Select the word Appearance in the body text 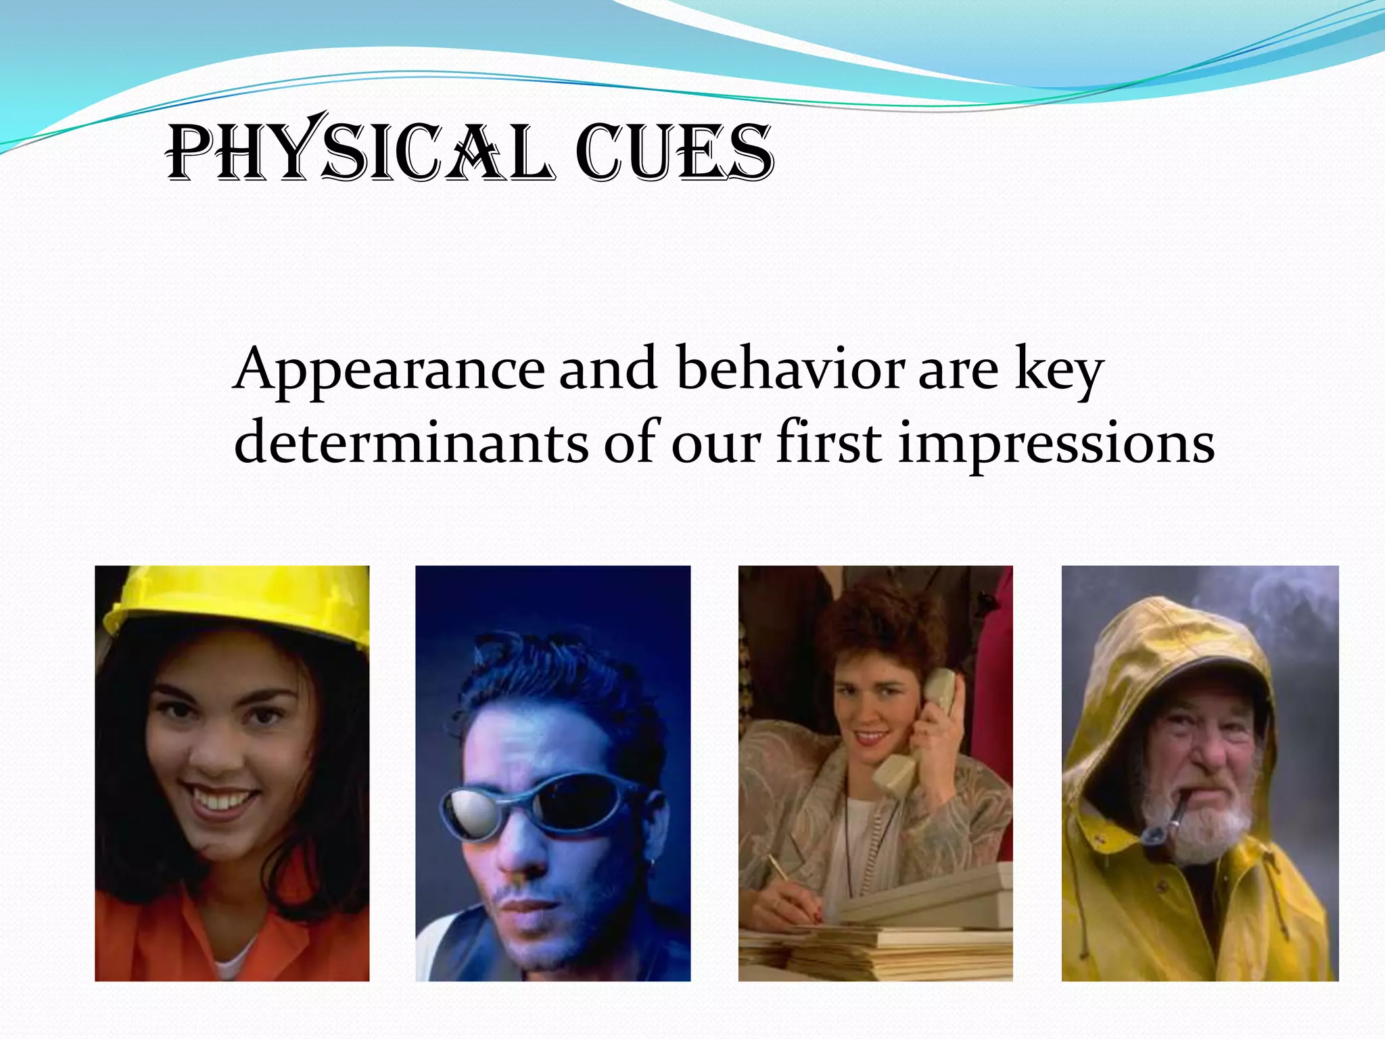click(388, 371)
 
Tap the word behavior click(790, 369)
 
